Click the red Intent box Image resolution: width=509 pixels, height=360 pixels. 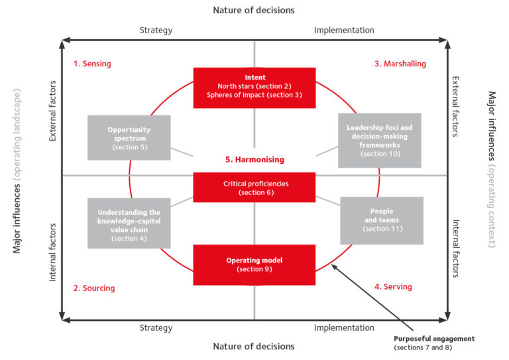[254, 87]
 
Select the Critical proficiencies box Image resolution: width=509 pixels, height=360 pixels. [254, 188]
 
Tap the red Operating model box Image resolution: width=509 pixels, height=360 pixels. [254, 265]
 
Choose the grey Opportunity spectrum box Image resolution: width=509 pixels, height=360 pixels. [129, 138]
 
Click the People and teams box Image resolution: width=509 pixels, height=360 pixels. [381, 220]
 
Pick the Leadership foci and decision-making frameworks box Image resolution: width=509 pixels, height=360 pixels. [379, 140]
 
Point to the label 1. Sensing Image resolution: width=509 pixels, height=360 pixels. [92, 64]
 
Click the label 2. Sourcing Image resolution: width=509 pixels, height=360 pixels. [94, 288]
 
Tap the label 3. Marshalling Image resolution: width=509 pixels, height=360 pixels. [400, 64]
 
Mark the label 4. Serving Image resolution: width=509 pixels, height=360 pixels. [393, 287]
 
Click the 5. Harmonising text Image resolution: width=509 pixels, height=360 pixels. [254, 160]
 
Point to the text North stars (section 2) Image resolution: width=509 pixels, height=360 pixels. [254, 86]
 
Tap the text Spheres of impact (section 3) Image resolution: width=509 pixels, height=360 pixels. [254, 95]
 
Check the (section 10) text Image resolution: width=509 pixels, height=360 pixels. [379, 154]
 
